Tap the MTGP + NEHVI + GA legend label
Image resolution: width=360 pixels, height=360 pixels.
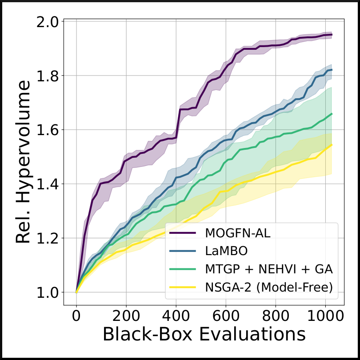pyautogui.click(x=269, y=269)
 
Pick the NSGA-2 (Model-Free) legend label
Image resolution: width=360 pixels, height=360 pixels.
pyautogui.click(x=269, y=287)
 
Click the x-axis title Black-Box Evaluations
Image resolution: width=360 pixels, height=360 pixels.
pyautogui.click(x=204, y=334)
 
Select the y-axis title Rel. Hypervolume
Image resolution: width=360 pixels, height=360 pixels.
pyautogui.click(x=23, y=162)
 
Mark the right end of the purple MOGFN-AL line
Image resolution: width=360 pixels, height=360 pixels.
pyautogui.click(x=332, y=35)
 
